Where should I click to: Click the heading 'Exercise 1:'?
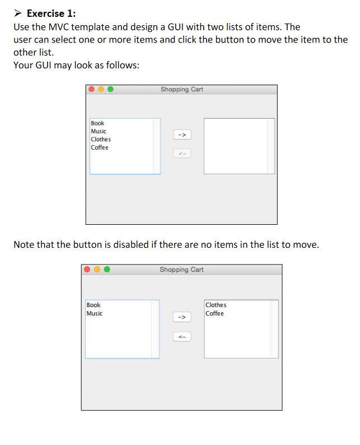51,13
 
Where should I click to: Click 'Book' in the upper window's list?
97,123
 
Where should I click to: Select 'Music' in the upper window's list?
99,131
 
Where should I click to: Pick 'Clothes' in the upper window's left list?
101,140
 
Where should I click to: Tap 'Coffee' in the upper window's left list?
100,147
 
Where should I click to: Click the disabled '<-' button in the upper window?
182,153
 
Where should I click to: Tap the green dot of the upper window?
110,89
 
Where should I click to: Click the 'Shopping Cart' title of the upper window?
182,89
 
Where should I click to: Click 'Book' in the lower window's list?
93,305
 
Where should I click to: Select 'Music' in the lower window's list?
95,313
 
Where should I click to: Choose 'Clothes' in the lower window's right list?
216,305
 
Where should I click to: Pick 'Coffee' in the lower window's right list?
214,313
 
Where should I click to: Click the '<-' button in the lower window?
182,337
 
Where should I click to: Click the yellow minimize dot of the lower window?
97,270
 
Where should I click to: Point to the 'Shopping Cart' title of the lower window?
181,270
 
